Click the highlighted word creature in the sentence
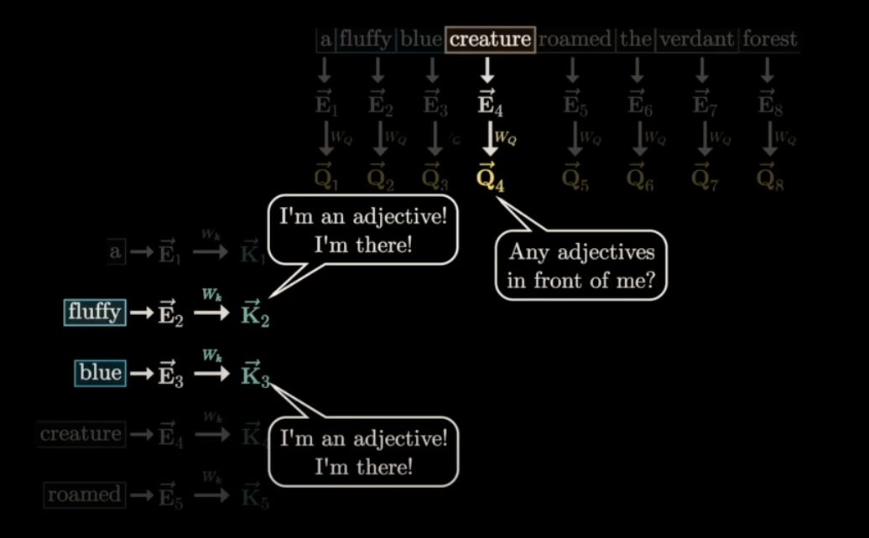click(x=491, y=39)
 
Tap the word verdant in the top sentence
click(x=696, y=39)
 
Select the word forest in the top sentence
click(x=769, y=39)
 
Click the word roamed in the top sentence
click(x=575, y=39)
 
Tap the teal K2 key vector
click(x=255, y=313)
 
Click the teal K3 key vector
click(x=255, y=374)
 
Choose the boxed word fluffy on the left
click(x=95, y=313)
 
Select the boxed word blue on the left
click(x=100, y=373)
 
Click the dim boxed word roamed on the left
click(x=83, y=494)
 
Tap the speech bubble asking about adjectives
click(x=580, y=266)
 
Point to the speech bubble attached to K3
click(x=363, y=451)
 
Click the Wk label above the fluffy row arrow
click(x=210, y=295)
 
